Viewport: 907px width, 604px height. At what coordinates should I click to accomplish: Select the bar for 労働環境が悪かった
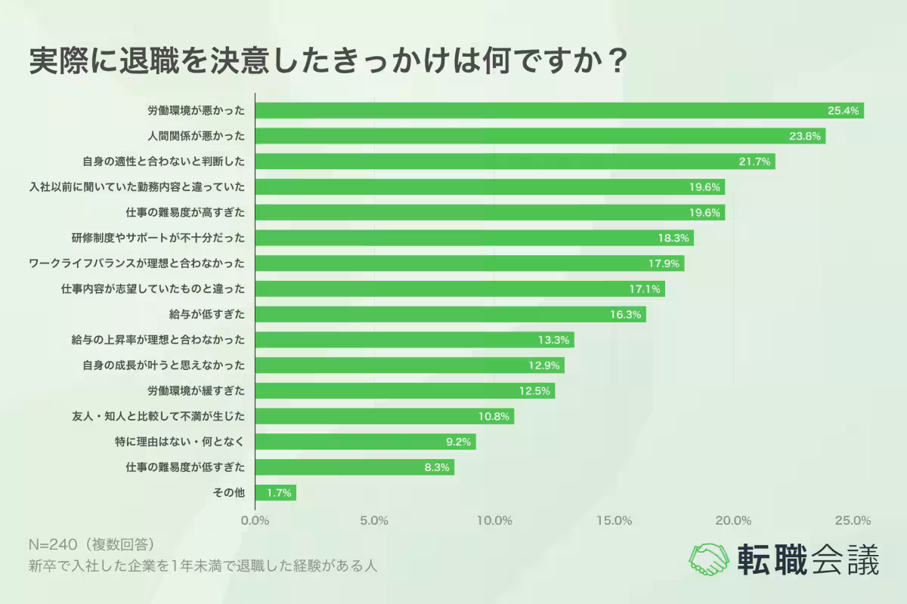pos(559,111)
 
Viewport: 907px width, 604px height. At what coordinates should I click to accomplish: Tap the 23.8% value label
pos(804,137)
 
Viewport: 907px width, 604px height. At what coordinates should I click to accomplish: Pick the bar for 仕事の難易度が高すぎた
pos(490,212)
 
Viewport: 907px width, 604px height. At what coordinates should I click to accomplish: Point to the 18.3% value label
pos(673,238)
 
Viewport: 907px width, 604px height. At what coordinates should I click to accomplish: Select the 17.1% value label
pos(644,289)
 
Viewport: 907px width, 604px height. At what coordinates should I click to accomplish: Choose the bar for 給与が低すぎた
pos(450,314)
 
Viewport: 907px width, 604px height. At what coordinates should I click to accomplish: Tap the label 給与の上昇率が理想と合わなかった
pos(157,340)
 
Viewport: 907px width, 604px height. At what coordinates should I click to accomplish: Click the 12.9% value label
pos(543,365)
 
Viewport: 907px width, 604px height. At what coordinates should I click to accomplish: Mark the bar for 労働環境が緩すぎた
pos(405,391)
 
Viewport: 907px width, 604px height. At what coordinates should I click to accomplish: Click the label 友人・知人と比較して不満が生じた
pos(157,416)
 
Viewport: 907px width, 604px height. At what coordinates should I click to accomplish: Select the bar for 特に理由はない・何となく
pos(366,442)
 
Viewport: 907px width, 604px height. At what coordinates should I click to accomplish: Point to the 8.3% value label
pos(437,467)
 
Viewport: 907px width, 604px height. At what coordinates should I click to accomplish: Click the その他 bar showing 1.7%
pos(276,493)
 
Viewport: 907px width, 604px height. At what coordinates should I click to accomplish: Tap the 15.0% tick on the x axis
pos(614,520)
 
